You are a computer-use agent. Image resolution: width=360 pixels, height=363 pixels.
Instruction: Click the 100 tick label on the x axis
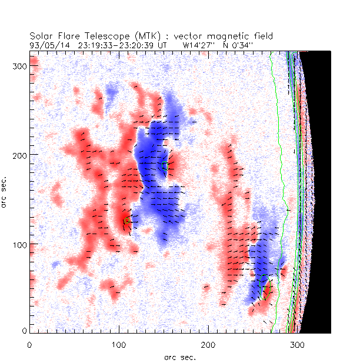click(119, 344)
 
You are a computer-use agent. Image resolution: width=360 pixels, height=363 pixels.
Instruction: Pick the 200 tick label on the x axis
click(208, 344)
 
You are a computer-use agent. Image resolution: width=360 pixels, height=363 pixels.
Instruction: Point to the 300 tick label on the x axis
click(298, 344)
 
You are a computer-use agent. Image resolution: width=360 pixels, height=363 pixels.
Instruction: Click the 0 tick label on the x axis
click(29, 344)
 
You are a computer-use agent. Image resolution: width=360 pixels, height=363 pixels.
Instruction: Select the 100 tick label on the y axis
click(18, 244)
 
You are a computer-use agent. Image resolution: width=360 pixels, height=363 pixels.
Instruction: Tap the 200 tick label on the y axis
click(18, 154)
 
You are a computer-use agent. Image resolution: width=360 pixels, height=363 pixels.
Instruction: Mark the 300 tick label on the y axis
click(18, 65)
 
